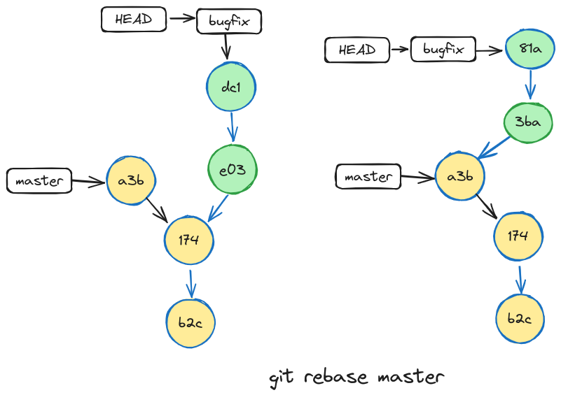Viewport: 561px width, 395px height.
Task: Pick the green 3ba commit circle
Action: pos(527,122)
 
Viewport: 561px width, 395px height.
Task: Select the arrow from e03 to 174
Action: pos(219,207)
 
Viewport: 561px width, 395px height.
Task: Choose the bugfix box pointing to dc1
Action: pos(229,21)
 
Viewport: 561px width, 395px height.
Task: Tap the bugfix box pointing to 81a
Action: pos(443,50)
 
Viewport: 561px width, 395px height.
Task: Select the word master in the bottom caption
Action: pos(410,378)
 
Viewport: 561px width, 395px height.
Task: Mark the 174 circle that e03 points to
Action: pos(189,240)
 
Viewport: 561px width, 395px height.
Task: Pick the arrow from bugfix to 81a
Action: pos(490,50)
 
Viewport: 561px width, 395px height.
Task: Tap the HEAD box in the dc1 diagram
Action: pos(133,20)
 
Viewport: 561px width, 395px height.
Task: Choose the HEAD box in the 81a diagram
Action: pos(357,50)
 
